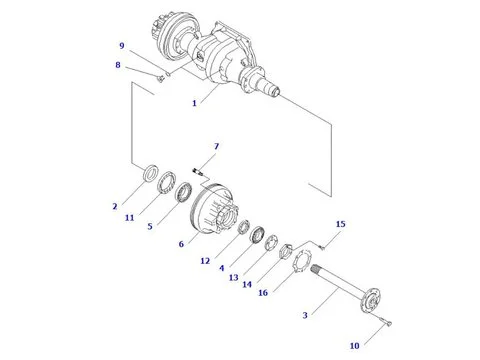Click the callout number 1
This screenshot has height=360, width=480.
[x=194, y=103]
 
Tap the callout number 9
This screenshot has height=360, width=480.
[x=122, y=46]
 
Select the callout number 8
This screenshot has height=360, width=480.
[x=118, y=65]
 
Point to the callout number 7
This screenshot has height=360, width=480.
[x=217, y=146]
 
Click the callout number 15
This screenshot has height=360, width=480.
[x=341, y=224]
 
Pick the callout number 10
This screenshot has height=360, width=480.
[x=355, y=346]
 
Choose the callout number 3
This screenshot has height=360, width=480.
[x=305, y=315]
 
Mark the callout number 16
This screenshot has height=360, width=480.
[x=263, y=293]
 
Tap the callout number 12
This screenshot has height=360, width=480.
[x=205, y=261]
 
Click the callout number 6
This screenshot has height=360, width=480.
[x=181, y=244]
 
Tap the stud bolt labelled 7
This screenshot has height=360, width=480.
[x=197, y=172]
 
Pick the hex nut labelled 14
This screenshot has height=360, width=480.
[x=286, y=251]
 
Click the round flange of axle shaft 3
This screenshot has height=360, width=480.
[x=371, y=301]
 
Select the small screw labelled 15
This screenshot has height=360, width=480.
[x=322, y=247]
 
